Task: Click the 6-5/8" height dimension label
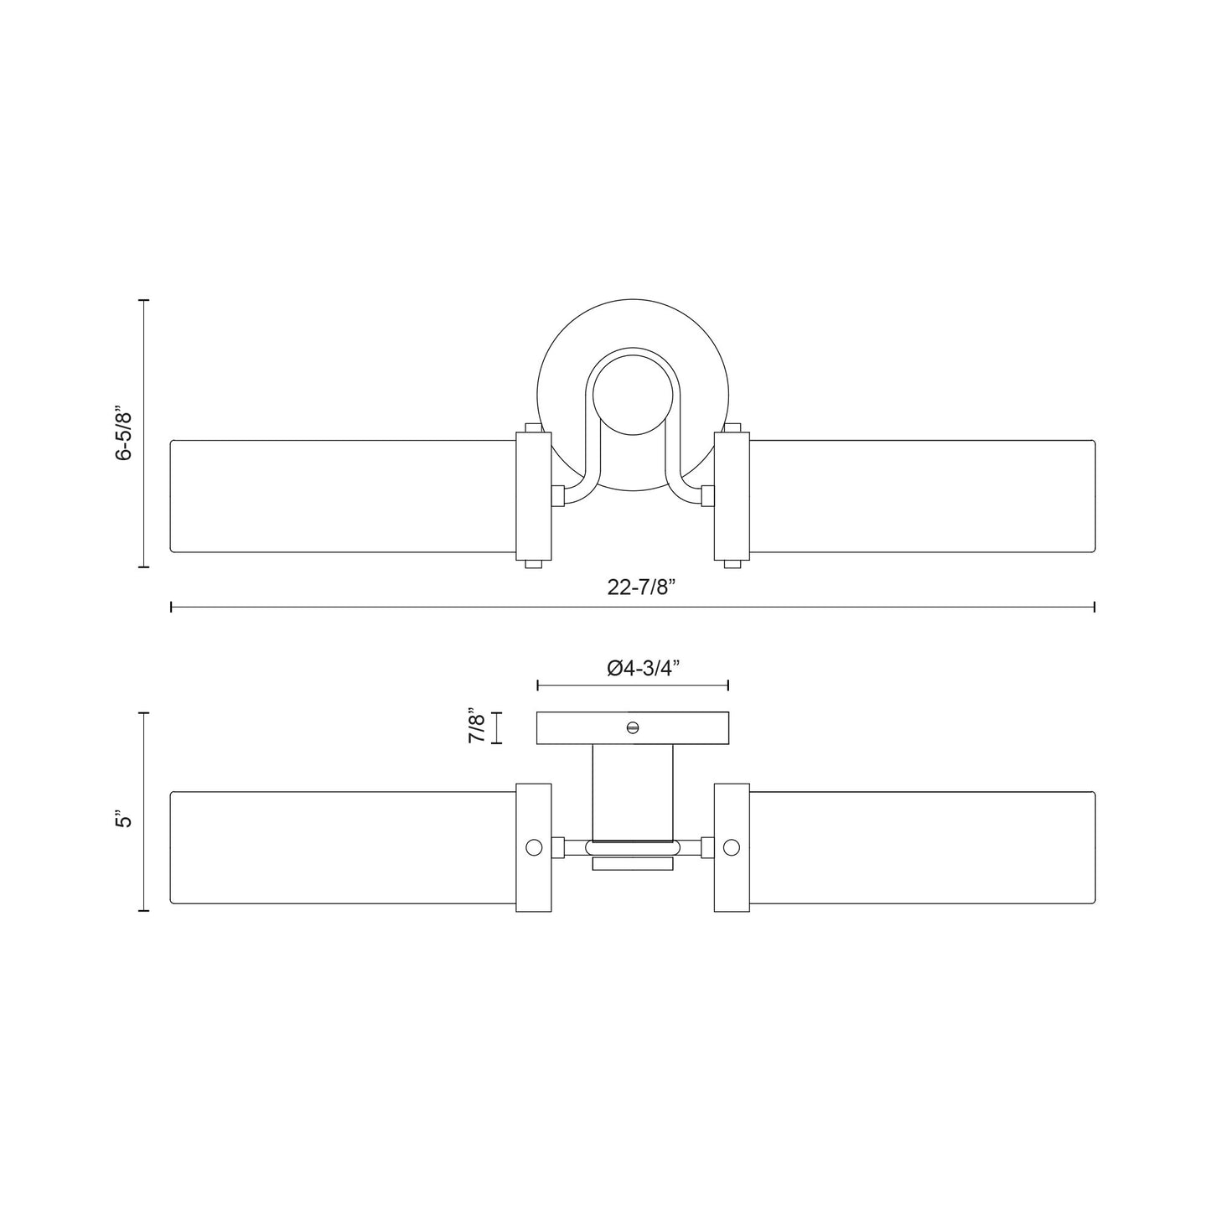point(124,434)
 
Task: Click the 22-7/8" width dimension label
point(641,587)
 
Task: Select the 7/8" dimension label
point(477,727)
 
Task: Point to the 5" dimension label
point(125,819)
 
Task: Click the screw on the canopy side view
point(633,727)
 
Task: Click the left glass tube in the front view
point(342,495)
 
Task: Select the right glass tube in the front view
point(923,495)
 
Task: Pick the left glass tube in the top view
point(342,847)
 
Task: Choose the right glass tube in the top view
point(923,847)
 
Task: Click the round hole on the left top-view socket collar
point(534,847)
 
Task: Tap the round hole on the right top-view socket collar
point(732,847)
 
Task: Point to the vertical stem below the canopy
point(633,791)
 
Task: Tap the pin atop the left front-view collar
point(532,428)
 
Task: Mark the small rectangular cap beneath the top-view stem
point(633,864)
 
